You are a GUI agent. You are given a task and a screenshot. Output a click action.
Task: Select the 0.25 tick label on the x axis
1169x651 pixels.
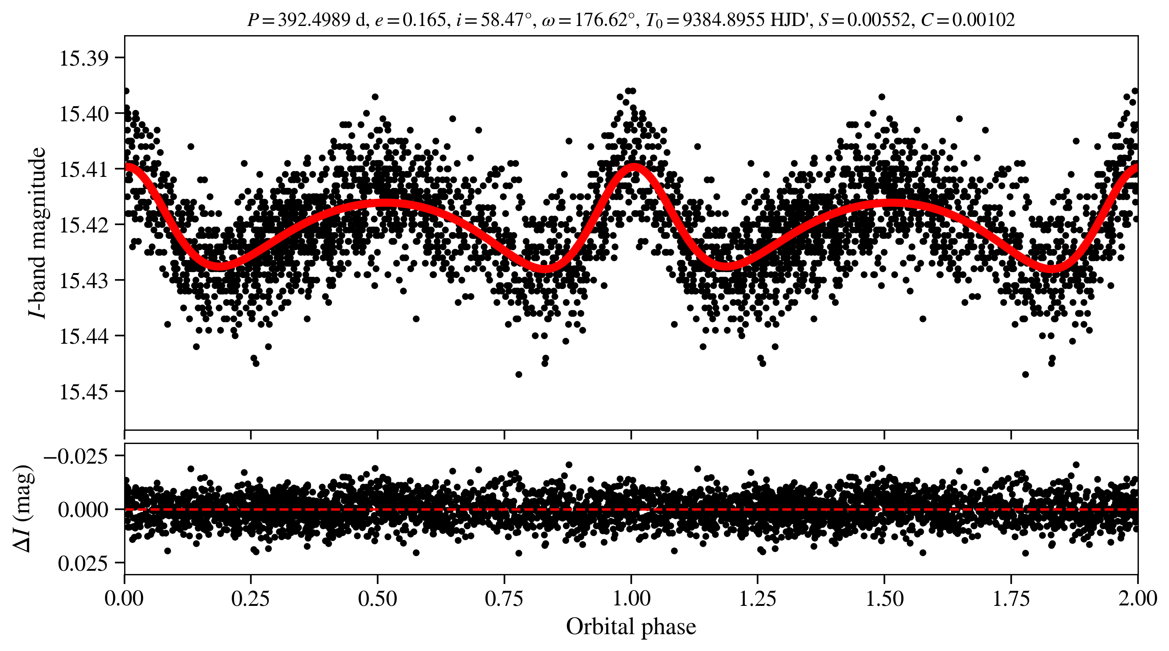tap(250, 599)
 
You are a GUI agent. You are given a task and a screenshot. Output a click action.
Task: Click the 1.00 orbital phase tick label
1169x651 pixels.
tap(631, 599)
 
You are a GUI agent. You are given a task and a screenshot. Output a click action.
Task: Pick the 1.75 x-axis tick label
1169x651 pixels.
tap(1011, 599)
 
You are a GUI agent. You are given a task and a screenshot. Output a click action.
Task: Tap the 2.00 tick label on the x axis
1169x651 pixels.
tap(1137, 599)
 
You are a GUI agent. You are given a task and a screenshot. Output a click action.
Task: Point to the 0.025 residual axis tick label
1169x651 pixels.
tap(83, 564)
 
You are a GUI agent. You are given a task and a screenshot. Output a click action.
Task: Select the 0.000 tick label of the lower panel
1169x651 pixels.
tap(83, 510)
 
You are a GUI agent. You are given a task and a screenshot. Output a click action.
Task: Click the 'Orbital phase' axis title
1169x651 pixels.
tap(631, 627)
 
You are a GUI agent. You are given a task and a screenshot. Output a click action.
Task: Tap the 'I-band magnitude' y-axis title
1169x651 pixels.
tap(37, 232)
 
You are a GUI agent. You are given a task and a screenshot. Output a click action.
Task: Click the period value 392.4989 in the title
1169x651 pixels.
tap(314, 20)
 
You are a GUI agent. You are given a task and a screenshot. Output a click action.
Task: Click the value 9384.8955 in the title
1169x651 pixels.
tap(724, 20)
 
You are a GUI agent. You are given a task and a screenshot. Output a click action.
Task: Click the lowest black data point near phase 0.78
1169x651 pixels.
tap(519, 374)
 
